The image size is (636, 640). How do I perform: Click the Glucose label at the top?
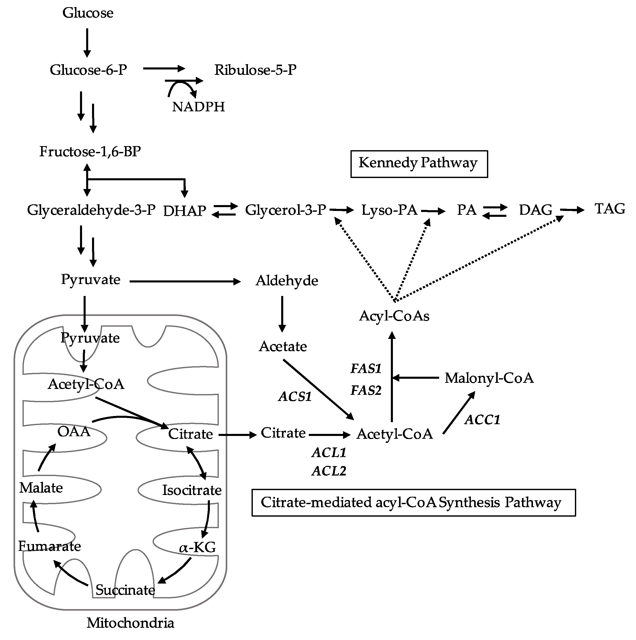point(88,13)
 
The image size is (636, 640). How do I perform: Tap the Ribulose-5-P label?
point(255,70)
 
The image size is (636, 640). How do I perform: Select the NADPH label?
point(198,107)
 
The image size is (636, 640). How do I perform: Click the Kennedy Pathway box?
point(419,164)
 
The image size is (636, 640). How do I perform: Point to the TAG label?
point(609,209)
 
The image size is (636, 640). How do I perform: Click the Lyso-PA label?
point(389,210)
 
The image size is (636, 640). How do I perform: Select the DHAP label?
point(184,211)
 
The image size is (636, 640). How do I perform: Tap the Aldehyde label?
point(287,281)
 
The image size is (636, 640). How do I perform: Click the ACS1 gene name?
point(295,397)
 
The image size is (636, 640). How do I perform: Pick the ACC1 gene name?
point(482,420)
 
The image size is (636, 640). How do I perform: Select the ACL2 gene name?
point(329,471)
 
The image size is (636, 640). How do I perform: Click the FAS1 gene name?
point(366,368)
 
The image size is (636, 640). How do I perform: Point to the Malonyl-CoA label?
point(489,378)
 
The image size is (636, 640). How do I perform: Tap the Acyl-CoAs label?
point(394,316)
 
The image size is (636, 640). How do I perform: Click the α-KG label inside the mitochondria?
point(197,547)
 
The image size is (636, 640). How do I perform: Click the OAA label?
point(74,432)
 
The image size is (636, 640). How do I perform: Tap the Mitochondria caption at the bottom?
point(130,623)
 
